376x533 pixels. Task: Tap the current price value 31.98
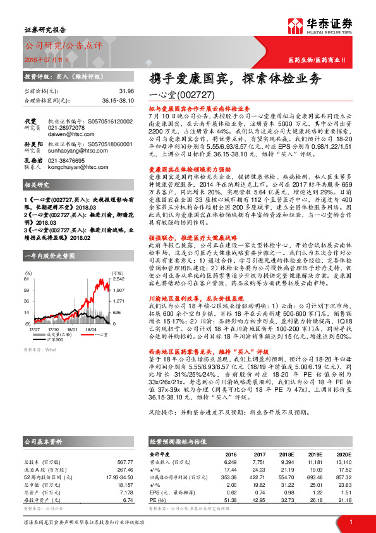(x=126, y=91)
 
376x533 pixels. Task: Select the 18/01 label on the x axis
(x=71, y=329)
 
